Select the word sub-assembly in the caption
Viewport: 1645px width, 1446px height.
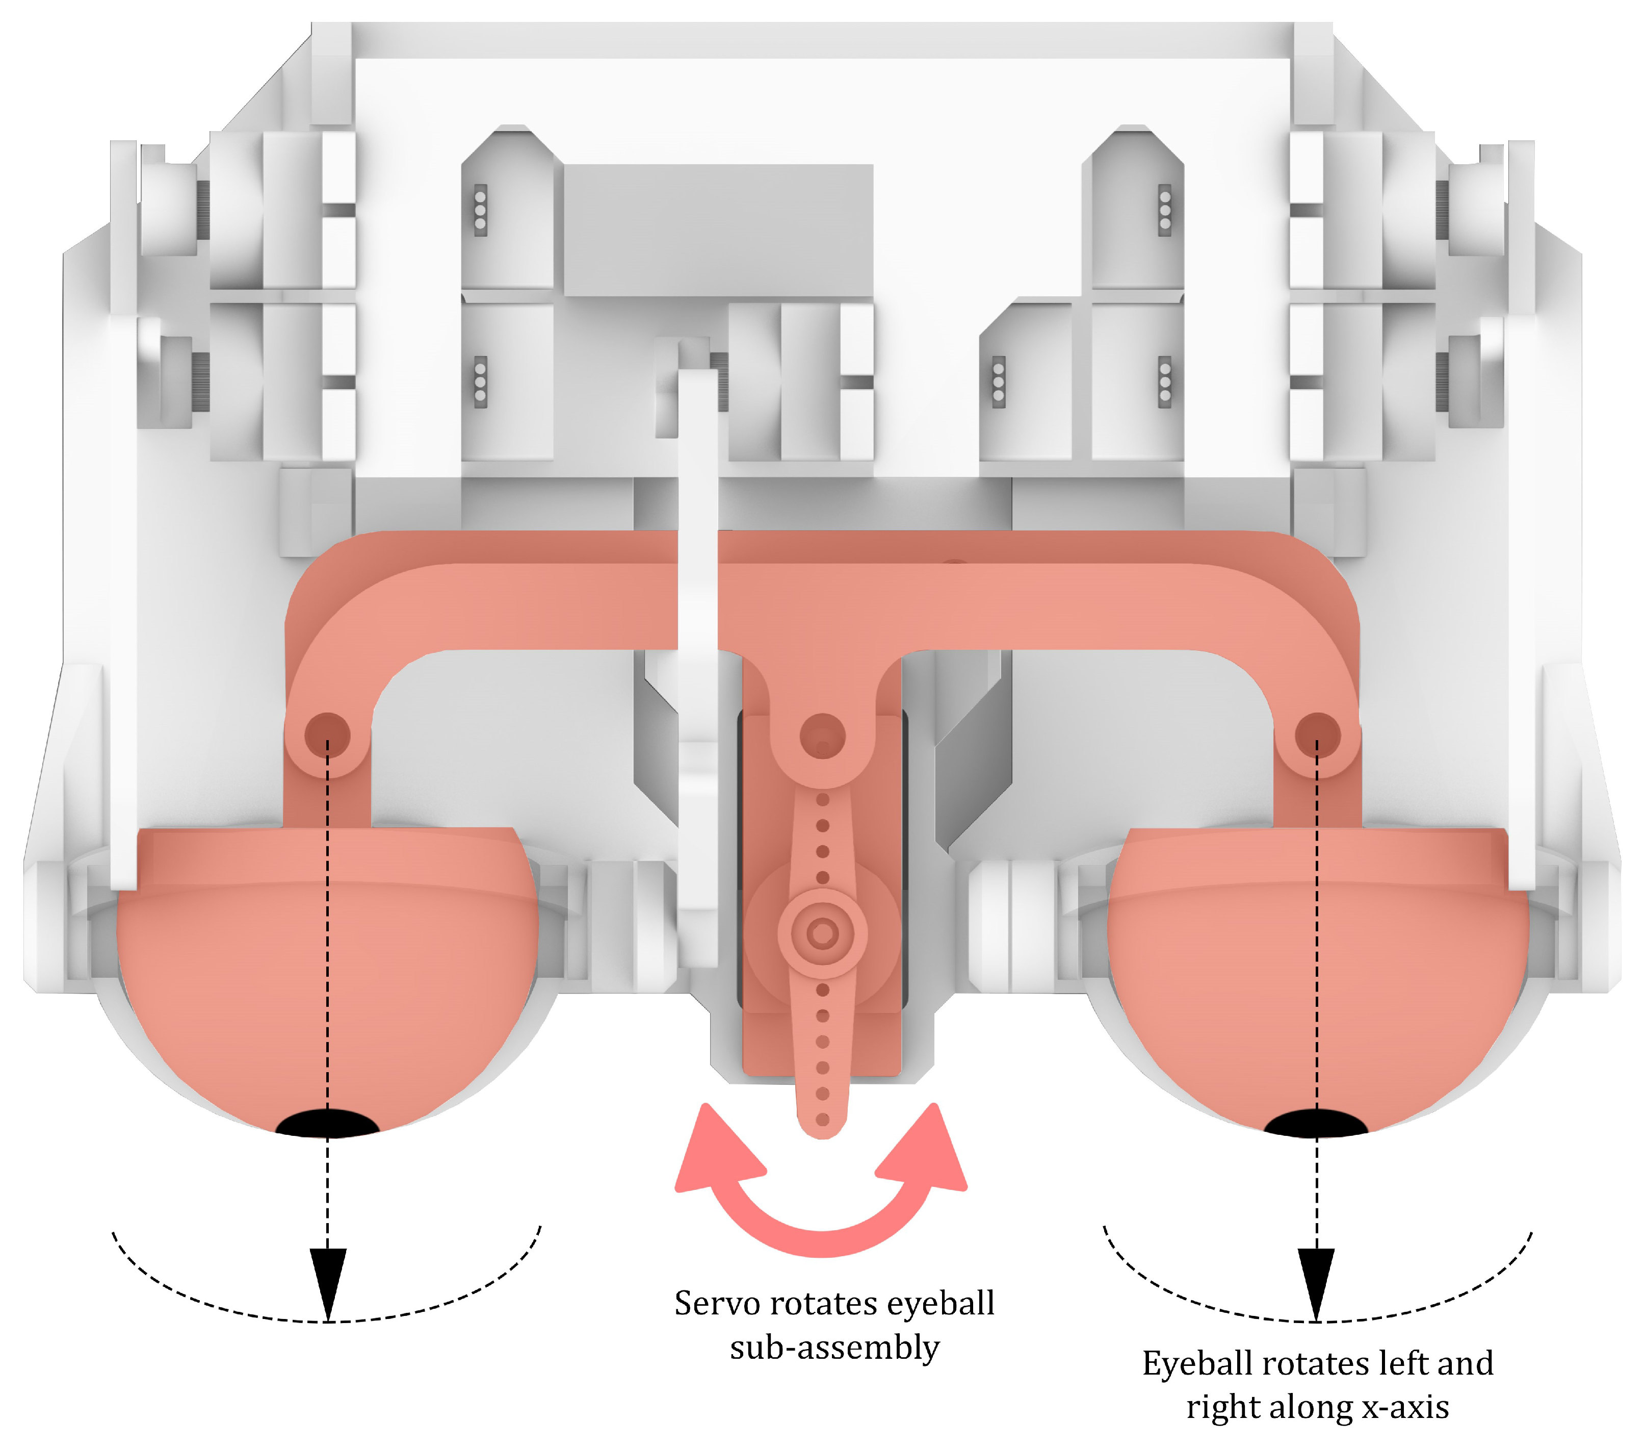834,1348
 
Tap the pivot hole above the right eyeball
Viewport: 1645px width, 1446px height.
1317,734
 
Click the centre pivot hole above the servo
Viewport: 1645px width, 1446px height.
823,734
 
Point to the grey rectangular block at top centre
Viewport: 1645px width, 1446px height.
718,230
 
